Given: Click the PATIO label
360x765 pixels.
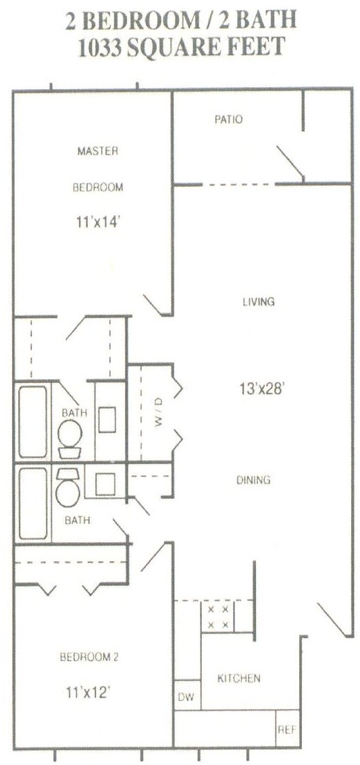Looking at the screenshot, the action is (228, 119).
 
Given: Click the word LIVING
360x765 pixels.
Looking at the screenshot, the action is (259, 302).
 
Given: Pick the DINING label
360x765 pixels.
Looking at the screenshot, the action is (254, 480).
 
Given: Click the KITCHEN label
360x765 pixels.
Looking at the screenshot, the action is (238, 678).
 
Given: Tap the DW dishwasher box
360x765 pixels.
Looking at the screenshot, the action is (187, 695).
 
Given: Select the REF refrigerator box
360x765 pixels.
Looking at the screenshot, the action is (287, 730).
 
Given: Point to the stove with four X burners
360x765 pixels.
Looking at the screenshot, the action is (218, 616).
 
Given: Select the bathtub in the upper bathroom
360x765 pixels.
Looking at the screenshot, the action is (33, 421).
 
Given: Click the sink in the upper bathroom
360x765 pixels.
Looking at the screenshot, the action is (107, 420).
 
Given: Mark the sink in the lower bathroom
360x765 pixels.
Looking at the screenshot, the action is (105, 485).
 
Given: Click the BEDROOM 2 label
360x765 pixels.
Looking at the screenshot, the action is (89, 657).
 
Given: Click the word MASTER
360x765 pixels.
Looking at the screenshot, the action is (97, 151).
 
